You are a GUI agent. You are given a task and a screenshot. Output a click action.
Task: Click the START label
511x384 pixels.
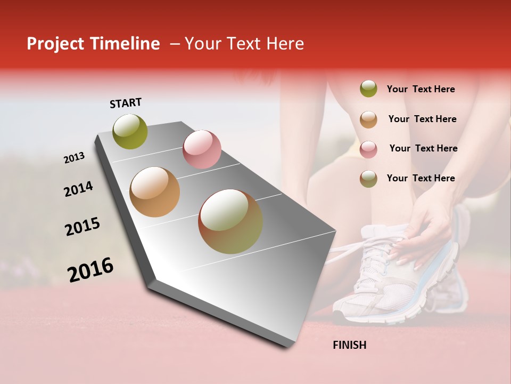click(126, 103)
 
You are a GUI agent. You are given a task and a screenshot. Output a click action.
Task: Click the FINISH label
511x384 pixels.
click(349, 345)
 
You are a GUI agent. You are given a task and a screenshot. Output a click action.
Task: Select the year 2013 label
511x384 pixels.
click(74, 158)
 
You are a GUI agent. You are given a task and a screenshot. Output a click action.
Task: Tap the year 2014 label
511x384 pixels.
click(78, 189)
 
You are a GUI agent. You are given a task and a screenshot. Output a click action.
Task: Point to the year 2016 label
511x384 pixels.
click(90, 270)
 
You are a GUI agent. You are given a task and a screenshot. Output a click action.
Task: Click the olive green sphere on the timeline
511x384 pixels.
click(130, 132)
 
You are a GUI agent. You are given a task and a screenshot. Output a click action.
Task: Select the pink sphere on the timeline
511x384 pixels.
click(202, 149)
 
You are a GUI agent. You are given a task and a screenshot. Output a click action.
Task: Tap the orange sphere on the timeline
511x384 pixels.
click(154, 192)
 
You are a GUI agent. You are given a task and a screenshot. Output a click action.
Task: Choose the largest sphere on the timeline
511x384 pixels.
click(230, 221)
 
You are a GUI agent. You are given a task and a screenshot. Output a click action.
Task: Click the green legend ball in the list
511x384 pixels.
click(368, 89)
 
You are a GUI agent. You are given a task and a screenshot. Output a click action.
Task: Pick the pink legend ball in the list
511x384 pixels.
click(368, 149)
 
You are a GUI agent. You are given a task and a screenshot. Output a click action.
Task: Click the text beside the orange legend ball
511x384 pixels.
click(422, 119)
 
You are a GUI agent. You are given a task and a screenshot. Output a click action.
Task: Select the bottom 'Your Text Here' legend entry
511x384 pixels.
click(421, 178)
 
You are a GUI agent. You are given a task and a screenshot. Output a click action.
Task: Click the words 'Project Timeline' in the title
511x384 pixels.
click(93, 44)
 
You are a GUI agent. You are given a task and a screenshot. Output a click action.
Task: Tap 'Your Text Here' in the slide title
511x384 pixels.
click(244, 44)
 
